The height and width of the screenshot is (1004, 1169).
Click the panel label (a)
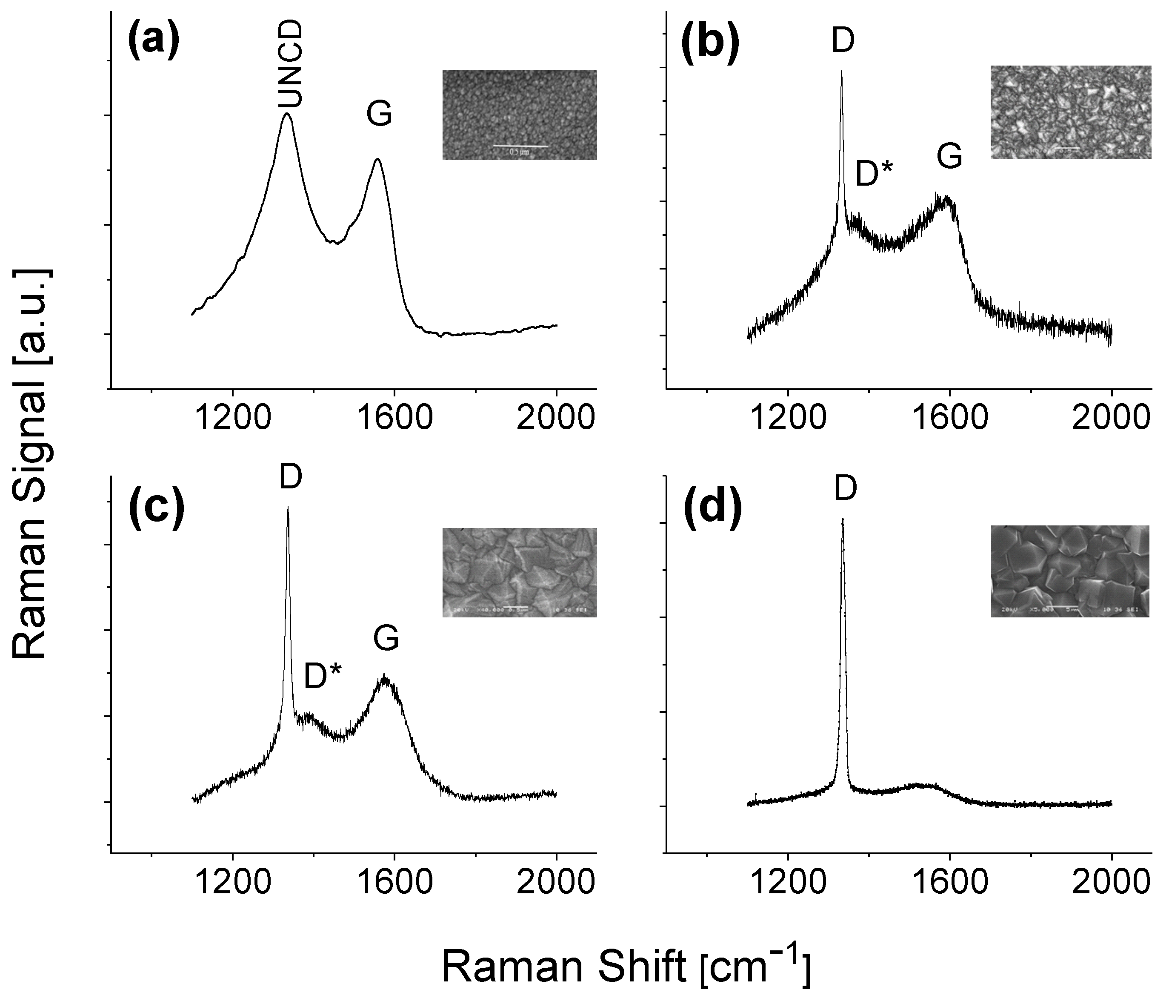tap(154, 43)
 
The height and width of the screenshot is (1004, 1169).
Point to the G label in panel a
tap(379, 115)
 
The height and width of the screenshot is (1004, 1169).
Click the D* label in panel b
tap(874, 174)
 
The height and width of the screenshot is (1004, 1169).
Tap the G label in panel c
tap(386, 639)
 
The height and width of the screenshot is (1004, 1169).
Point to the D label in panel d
tap(845, 489)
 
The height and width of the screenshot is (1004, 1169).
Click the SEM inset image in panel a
tap(519, 115)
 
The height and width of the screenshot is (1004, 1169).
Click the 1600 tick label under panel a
tap(394, 418)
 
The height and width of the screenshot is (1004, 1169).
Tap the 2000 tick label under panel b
tap(1110, 418)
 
